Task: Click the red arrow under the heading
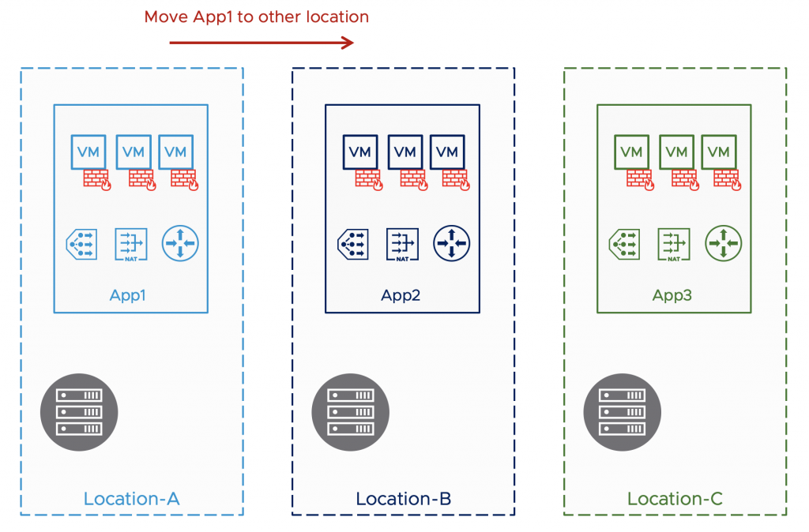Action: tap(261, 43)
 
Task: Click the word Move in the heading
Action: tap(164, 17)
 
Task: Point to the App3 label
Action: tap(674, 296)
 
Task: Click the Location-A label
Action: tap(132, 499)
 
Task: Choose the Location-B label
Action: tap(403, 499)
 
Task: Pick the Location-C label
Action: tap(675, 499)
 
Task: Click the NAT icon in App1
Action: tap(130, 244)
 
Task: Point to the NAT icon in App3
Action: tap(674, 244)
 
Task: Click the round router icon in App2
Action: tap(451, 243)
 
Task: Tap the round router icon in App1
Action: tap(180, 243)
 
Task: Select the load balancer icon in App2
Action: tap(353, 244)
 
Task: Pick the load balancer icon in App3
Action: tap(624, 244)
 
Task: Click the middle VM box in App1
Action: tap(134, 152)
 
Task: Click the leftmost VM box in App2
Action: tap(360, 152)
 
